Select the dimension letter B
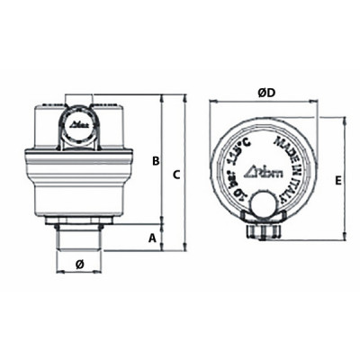(x=155, y=161)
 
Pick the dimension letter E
(x=337, y=180)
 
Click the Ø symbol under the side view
(x=79, y=264)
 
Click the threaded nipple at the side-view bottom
(x=79, y=237)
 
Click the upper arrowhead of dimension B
(x=162, y=96)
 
